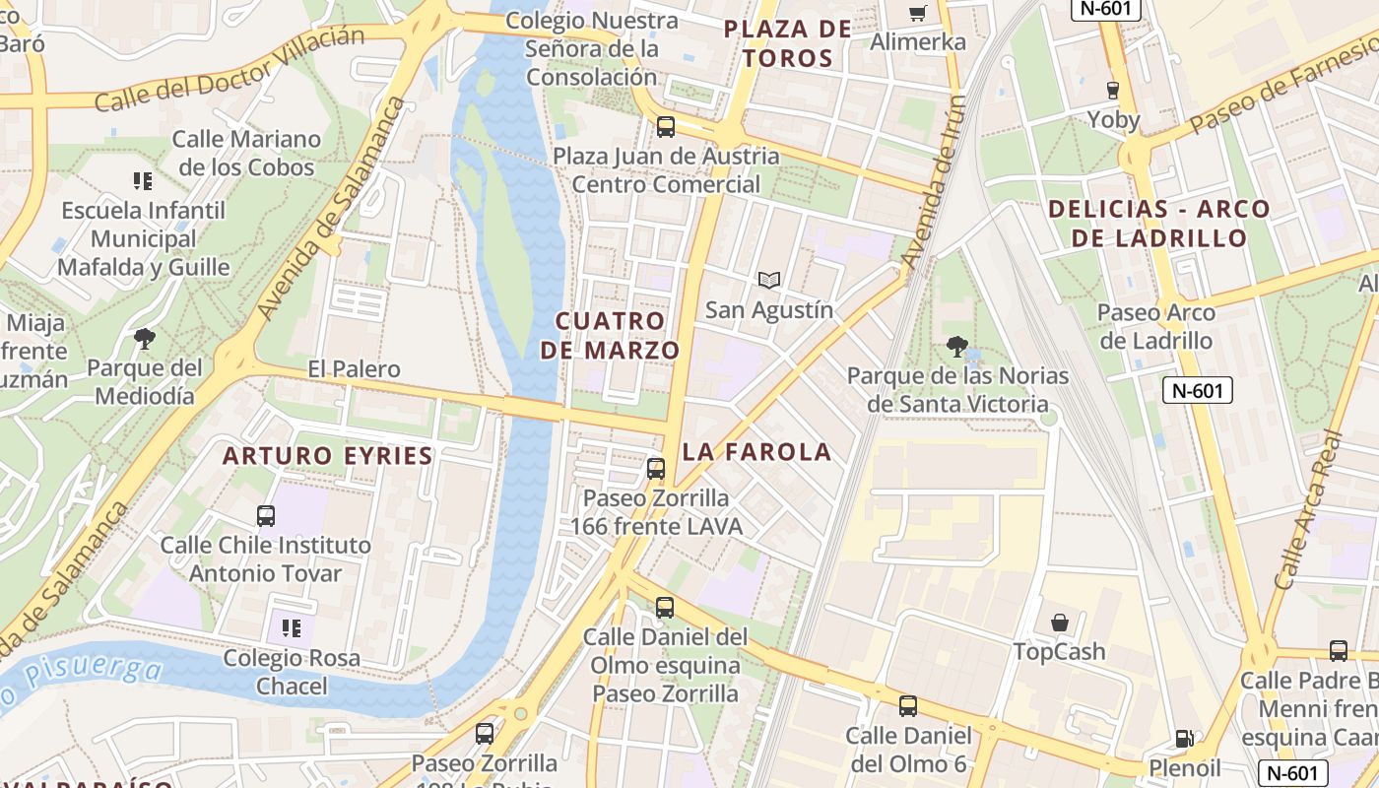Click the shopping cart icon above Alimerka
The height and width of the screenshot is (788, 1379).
point(917,14)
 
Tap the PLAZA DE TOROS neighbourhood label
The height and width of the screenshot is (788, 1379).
point(787,43)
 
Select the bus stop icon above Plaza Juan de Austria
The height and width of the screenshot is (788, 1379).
point(666,126)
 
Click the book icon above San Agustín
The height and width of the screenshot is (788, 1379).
point(769,281)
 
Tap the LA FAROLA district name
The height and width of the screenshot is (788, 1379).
point(756,452)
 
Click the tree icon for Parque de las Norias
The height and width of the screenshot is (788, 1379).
point(956,346)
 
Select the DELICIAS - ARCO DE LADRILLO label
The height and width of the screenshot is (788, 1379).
point(1158,224)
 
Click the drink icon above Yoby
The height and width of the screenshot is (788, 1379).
point(1113,90)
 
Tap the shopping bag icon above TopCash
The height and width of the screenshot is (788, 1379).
point(1060,623)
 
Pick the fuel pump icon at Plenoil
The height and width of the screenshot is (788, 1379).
point(1184,739)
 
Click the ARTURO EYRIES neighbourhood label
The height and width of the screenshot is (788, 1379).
point(327,456)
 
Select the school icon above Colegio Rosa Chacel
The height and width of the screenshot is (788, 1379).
point(291,627)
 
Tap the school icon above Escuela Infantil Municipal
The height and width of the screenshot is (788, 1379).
point(143,181)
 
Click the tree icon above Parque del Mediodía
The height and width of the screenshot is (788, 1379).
point(145,340)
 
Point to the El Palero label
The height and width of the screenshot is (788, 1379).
point(354,369)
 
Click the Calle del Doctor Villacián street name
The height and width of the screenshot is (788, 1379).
point(230,69)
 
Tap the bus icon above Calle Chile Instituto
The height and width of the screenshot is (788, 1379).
point(266,515)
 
